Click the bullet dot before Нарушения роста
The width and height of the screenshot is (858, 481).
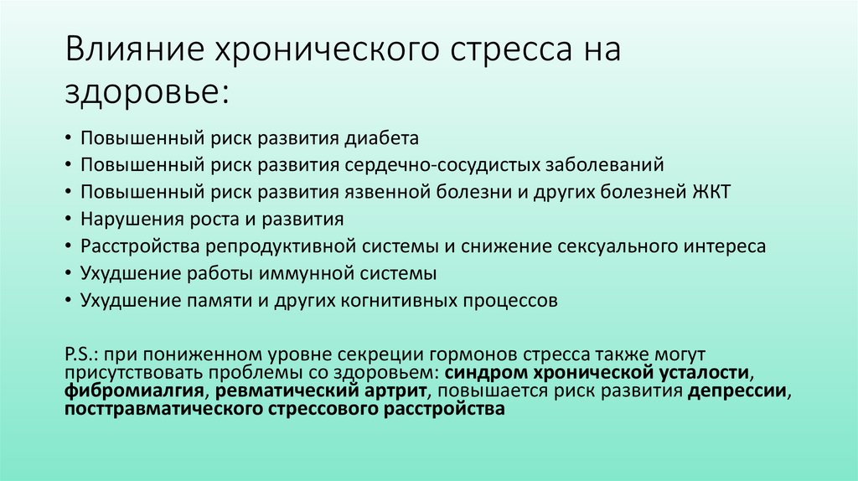coord(68,220)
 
